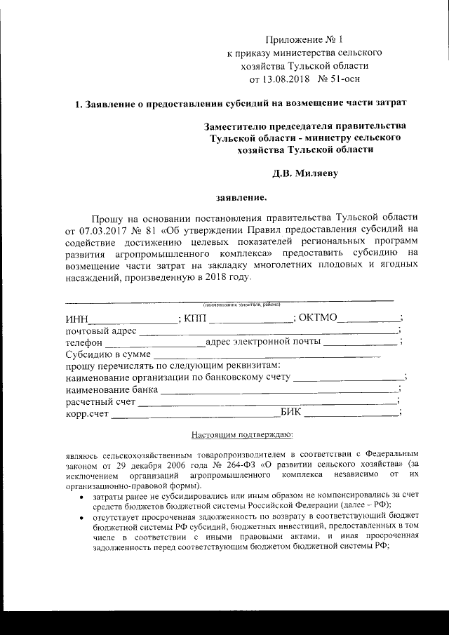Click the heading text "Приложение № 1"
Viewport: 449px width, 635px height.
point(304,39)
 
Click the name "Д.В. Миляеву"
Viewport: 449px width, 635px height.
point(304,173)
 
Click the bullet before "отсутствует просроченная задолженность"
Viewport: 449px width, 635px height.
point(82,516)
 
